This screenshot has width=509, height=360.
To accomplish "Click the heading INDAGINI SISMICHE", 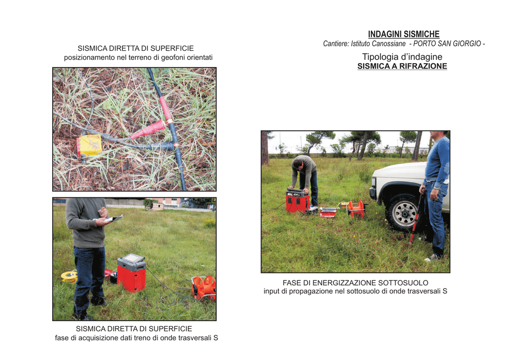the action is tap(404, 34).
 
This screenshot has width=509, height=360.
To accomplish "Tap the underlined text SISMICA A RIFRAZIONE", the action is tap(402, 66).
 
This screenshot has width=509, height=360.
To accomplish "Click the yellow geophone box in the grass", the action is tap(89, 145).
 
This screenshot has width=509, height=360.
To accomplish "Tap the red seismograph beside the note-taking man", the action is tap(131, 272).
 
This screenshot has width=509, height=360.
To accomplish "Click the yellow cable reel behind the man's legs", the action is tap(70, 276).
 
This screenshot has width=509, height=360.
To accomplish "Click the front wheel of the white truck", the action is tap(404, 213).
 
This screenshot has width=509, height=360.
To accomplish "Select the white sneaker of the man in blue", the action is tap(432, 258).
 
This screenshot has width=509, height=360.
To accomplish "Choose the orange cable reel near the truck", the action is tap(356, 208).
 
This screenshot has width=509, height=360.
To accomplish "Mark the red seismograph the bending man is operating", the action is tap(297, 200).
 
